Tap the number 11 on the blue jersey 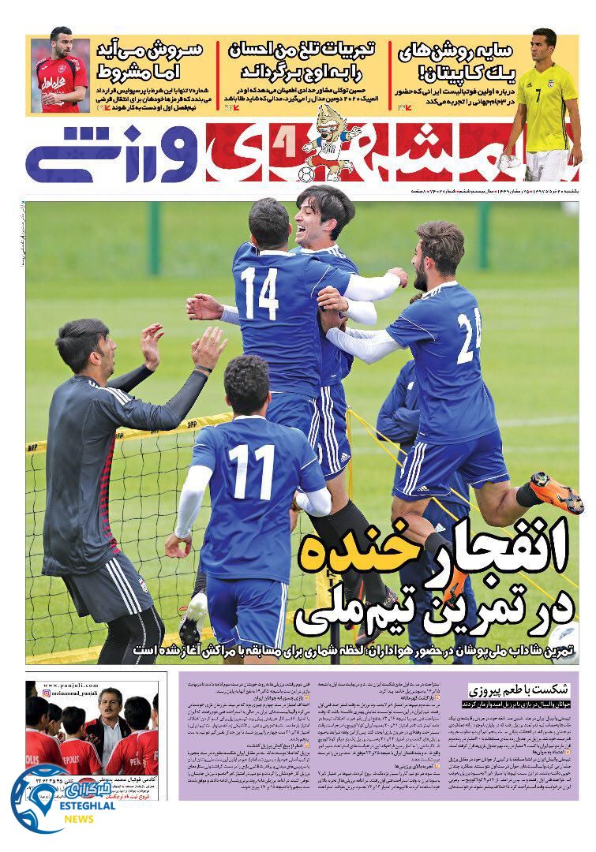(253, 472)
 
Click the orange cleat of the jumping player (558, 491)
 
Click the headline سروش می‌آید (149, 58)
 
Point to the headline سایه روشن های (467, 60)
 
